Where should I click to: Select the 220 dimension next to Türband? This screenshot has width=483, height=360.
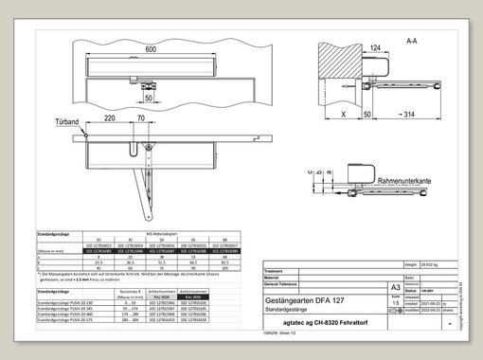coord(110,118)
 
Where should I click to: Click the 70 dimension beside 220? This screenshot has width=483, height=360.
coord(140,118)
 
